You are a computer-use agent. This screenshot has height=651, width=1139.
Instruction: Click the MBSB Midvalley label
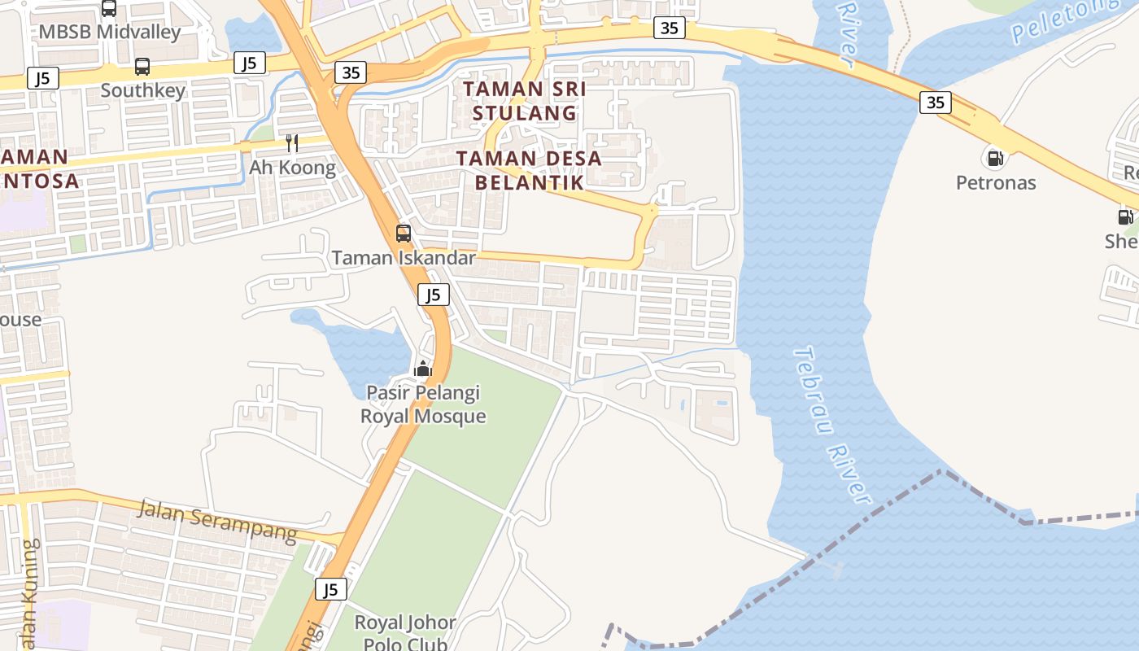pos(110,32)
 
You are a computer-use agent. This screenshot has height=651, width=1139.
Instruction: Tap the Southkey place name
pos(143,90)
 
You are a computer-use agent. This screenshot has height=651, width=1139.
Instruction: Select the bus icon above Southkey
pos(142,66)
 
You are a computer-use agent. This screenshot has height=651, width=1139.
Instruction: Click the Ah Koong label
pos(292,168)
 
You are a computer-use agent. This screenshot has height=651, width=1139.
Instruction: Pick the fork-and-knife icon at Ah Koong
pos(292,144)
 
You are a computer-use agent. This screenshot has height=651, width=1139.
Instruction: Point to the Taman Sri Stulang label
pos(525,100)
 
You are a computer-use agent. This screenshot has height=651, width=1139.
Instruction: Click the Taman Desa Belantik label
pos(530,170)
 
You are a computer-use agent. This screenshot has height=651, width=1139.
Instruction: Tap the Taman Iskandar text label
pos(404,258)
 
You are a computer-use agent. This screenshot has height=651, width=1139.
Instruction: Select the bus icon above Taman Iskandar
pos(404,234)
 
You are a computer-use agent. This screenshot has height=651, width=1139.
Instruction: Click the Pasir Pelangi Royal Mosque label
pos(423,404)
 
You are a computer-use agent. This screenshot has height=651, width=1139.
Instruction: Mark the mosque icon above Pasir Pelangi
pos(422,369)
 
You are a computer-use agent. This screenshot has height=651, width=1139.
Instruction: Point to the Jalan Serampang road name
pos(217,521)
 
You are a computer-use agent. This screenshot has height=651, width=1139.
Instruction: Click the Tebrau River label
pos(831,426)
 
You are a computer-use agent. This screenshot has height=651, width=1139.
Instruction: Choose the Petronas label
pos(996,182)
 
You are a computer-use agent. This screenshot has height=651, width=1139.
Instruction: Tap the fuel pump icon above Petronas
pos(993,157)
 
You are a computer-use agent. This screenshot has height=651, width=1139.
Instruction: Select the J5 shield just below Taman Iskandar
pos(434,295)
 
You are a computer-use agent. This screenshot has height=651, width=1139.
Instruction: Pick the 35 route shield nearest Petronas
pos(936,102)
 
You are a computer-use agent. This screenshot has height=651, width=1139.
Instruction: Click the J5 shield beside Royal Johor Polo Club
pos(331,589)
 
